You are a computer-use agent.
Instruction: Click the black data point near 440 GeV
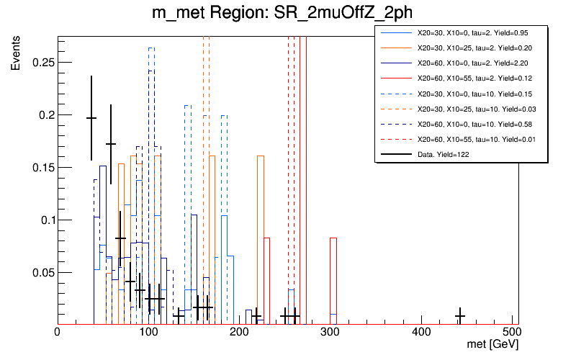click(460, 316)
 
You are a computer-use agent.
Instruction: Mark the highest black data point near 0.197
click(91, 118)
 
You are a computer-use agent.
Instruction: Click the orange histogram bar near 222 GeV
click(260, 238)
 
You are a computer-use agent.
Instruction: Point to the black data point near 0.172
click(111, 144)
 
